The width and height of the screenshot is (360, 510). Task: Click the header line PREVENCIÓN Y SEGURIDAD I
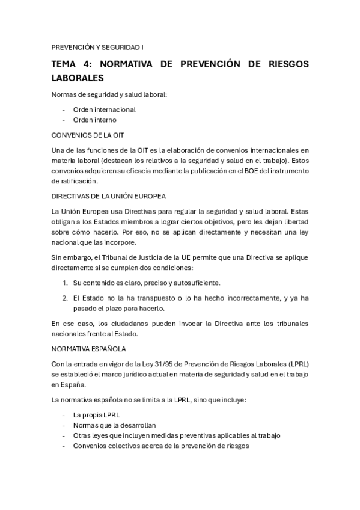coord(97,46)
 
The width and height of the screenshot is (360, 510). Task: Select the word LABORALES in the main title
coord(78,78)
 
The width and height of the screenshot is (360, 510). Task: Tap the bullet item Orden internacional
coord(104,109)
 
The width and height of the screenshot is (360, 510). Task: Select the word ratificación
coord(74,180)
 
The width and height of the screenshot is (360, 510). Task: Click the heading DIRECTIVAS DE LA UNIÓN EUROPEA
coord(108,196)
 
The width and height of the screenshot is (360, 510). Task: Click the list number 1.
coord(65,282)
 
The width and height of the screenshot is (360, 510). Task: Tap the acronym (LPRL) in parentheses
coord(296,363)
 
